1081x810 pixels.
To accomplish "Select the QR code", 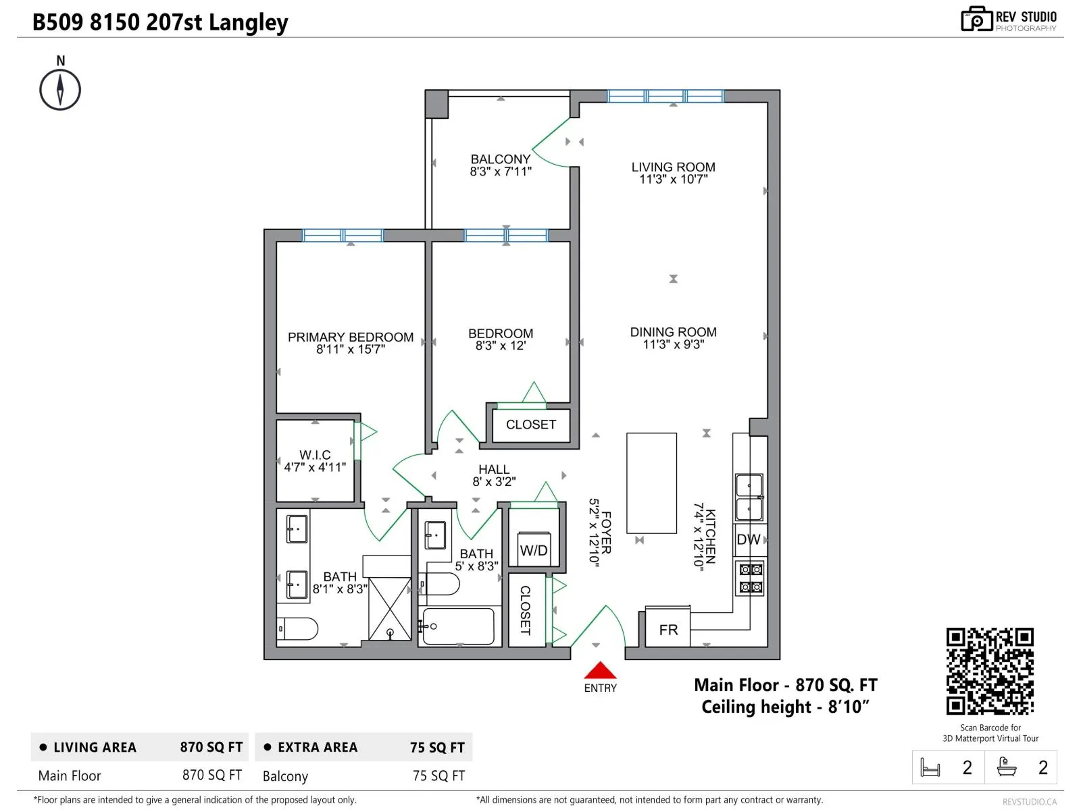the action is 989,671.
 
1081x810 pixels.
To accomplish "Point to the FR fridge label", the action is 668,630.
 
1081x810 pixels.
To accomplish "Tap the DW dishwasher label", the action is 748,539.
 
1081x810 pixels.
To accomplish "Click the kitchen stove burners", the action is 749,578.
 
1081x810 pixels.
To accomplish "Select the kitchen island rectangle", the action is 651,483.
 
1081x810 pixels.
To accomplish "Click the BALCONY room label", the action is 501,159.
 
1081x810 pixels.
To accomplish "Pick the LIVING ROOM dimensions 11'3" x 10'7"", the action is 673,180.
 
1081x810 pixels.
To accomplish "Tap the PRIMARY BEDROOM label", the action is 350,337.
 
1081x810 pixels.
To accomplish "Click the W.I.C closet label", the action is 316,455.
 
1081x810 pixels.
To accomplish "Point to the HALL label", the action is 494,470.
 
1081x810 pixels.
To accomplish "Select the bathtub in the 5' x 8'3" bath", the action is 459,626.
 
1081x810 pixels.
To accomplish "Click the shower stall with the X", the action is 390,609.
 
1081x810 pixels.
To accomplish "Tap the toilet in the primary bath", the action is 297,628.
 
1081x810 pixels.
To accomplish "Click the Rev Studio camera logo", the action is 976,19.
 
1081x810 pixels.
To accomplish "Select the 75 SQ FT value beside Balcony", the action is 438,776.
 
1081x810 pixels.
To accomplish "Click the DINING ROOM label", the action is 673,333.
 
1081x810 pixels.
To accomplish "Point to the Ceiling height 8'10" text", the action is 785,707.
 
